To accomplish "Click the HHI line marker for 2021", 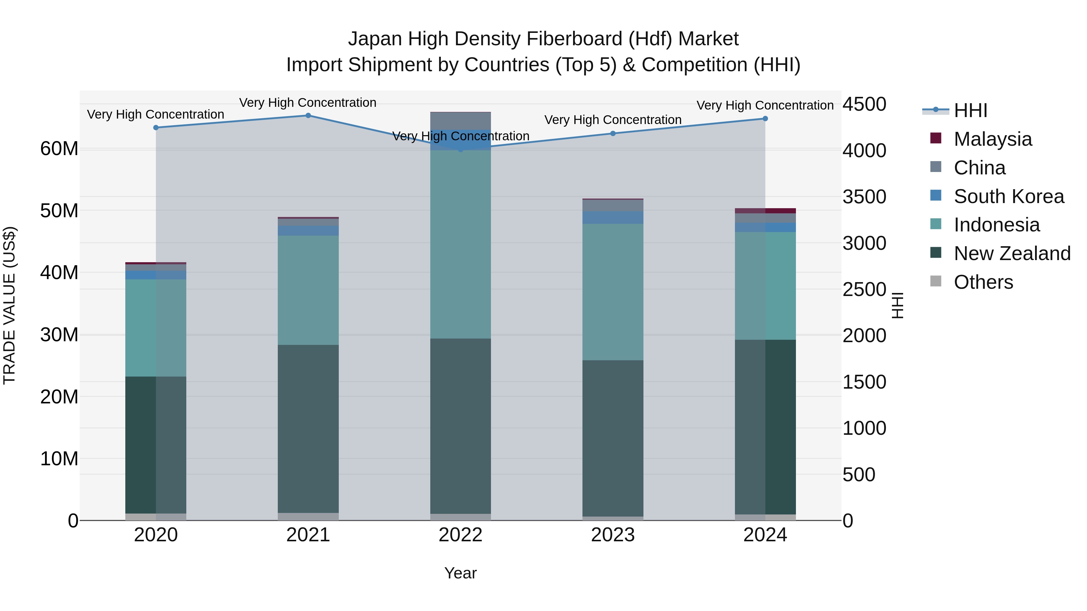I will [308, 116].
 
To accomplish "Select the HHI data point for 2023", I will [613, 134].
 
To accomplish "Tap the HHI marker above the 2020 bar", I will [156, 127].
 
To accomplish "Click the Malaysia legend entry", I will [992, 139].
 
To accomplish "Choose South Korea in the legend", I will [1008, 196].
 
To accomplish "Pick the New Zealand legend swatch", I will [935, 253].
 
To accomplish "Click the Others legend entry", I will [983, 282].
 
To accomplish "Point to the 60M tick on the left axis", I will [59, 149].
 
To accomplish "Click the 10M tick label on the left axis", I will [59, 459].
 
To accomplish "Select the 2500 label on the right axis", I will [864, 290].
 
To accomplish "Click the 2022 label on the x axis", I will [460, 535].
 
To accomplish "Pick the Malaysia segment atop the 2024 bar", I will [765, 211].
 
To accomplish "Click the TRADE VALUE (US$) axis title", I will [9, 305].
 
